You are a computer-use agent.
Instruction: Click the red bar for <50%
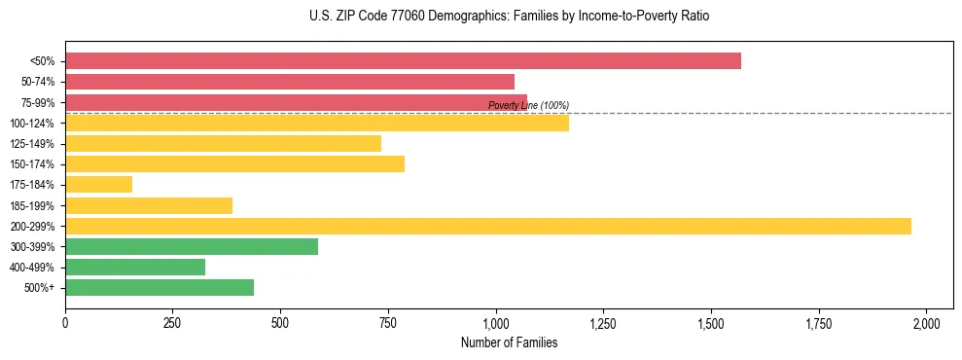[403, 60]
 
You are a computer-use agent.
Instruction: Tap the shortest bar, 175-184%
[98, 185]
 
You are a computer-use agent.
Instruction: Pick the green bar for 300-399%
[192, 246]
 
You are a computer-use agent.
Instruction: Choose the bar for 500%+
[160, 287]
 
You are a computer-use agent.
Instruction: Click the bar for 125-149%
[223, 143]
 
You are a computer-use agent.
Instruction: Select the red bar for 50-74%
[290, 82]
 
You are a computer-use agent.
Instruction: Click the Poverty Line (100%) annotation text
[528, 105]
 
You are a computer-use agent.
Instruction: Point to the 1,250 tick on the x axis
[603, 323]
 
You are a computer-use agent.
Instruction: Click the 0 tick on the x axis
[65, 323]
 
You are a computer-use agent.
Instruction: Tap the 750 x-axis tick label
[388, 323]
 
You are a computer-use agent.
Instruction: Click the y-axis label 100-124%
[32, 124]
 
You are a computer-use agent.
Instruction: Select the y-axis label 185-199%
[32, 205]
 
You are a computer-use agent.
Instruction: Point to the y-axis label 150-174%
[32, 164]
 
